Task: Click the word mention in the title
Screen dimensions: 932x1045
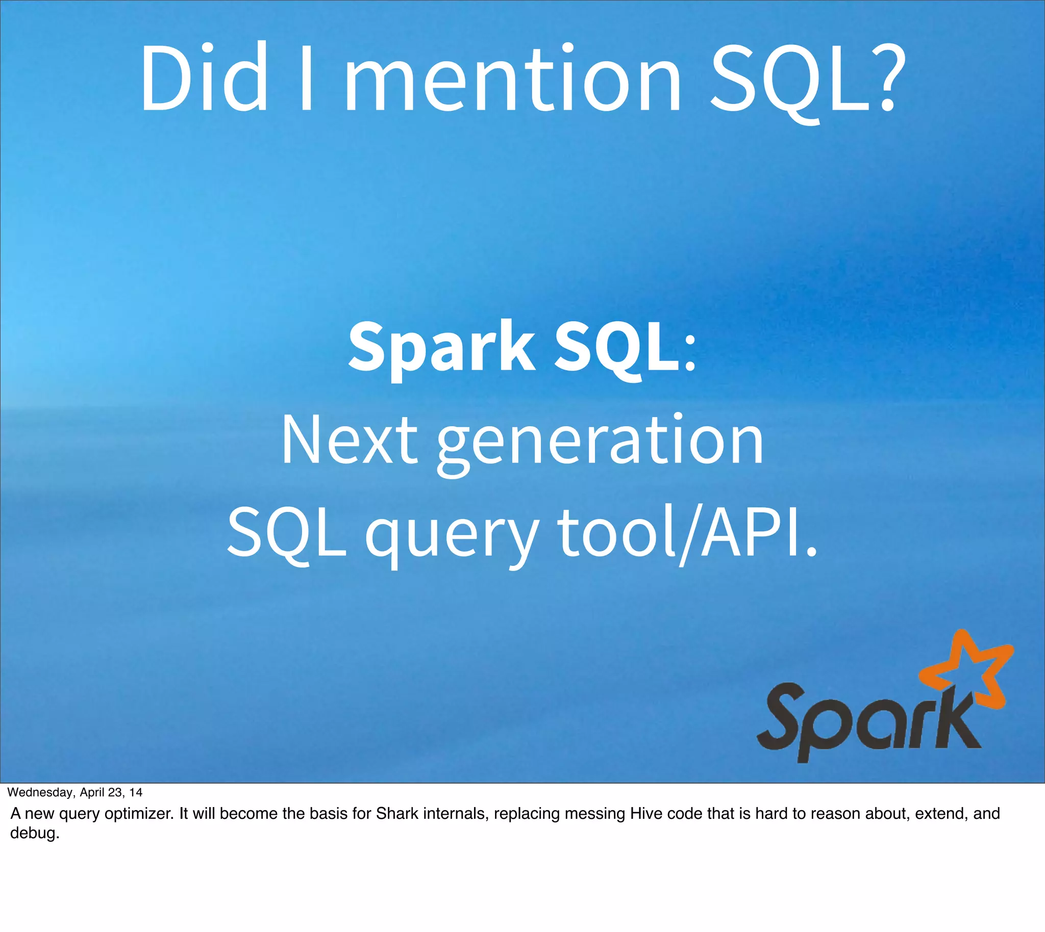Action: coord(512,80)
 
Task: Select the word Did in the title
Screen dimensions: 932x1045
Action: coord(204,80)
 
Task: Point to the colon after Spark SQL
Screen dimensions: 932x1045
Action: coord(690,353)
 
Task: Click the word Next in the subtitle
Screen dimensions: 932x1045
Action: coord(350,441)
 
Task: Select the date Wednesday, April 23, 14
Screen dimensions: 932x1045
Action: coord(75,792)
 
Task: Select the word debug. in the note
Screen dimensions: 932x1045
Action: coord(34,833)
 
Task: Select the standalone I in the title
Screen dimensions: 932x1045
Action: coord(306,80)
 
